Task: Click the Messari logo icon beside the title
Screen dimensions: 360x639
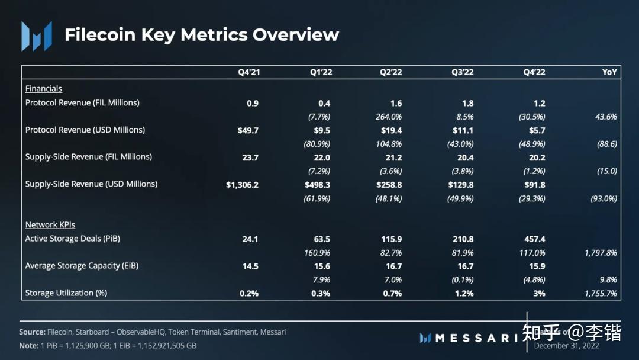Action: pyautogui.click(x=36, y=36)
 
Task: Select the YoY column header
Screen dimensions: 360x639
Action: pyautogui.click(x=609, y=72)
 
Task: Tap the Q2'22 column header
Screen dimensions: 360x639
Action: pyautogui.click(x=391, y=72)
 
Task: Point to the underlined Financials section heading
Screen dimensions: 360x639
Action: pyautogui.click(x=44, y=89)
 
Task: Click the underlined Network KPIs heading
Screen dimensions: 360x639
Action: pyautogui.click(x=50, y=225)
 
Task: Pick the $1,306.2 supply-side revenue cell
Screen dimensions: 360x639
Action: pyautogui.click(x=243, y=185)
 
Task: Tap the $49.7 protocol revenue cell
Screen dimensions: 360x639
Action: pyautogui.click(x=248, y=130)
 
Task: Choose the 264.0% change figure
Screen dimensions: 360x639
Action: pyautogui.click(x=389, y=117)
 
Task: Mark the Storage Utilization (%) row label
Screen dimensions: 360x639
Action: pyautogui.click(x=66, y=293)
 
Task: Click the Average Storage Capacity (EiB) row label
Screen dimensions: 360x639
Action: pyautogui.click(x=82, y=266)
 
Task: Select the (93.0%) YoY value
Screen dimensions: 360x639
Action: pyautogui.click(x=603, y=198)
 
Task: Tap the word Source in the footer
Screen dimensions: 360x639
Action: pyautogui.click(x=32, y=332)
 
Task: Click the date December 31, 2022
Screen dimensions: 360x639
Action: pyautogui.click(x=566, y=346)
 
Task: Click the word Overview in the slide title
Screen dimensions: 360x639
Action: pyautogui.click(x=296, y=35)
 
